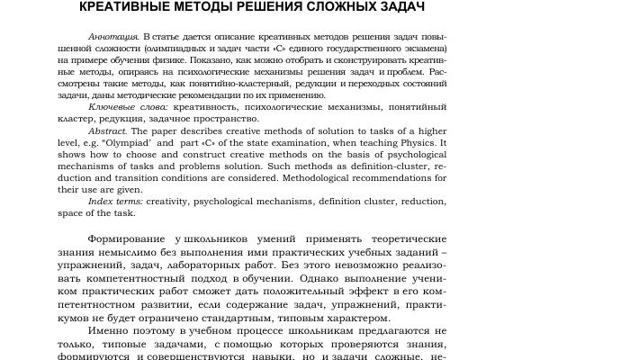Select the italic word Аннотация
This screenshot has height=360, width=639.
click(113, 35)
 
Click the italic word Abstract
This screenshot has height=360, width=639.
click(106, 130)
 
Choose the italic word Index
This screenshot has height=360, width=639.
click(100, 201)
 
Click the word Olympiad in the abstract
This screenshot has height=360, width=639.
click(131, 142)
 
